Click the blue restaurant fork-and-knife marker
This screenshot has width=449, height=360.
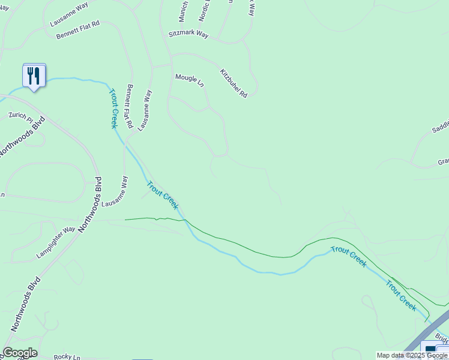(34, 76)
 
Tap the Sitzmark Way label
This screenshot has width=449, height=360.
(188, 35)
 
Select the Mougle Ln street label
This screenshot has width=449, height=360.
(190, 80)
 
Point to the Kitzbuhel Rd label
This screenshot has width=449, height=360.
(234, 83)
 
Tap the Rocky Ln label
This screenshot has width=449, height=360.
(67, 357)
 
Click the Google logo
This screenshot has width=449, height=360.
(20, 353)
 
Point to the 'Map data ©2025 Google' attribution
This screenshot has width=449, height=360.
(412, 355)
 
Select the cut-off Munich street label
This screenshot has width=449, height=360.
(184, 11)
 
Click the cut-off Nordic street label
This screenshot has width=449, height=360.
(206, 10)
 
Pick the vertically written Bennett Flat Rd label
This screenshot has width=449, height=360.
(129, 106)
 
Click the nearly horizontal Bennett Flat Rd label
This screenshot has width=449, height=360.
(78, 32)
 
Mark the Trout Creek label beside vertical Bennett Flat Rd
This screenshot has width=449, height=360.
(113, 109)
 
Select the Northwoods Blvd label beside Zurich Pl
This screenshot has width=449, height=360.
(23, 137)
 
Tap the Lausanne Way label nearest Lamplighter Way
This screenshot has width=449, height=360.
(115, 191)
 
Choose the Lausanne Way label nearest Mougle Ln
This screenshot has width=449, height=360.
(145, 110)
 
